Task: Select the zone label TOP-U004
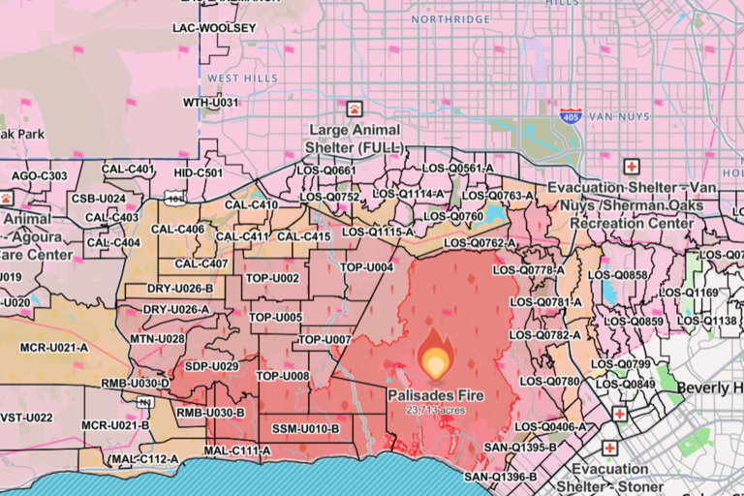click(367, 267)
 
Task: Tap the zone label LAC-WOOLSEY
click(214, 28)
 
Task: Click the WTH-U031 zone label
click(210, 102)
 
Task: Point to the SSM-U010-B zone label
click(305, 428)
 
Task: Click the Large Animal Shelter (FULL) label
click(354, 138)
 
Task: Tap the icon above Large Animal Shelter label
click(355, 108)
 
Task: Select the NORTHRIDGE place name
click(450, 18)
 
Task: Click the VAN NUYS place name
click(616, 113)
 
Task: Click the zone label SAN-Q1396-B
click(500, 477)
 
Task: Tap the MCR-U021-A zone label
click(56, 347)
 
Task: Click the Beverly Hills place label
click(709, 387)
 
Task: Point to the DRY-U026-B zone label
click(179, 289)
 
